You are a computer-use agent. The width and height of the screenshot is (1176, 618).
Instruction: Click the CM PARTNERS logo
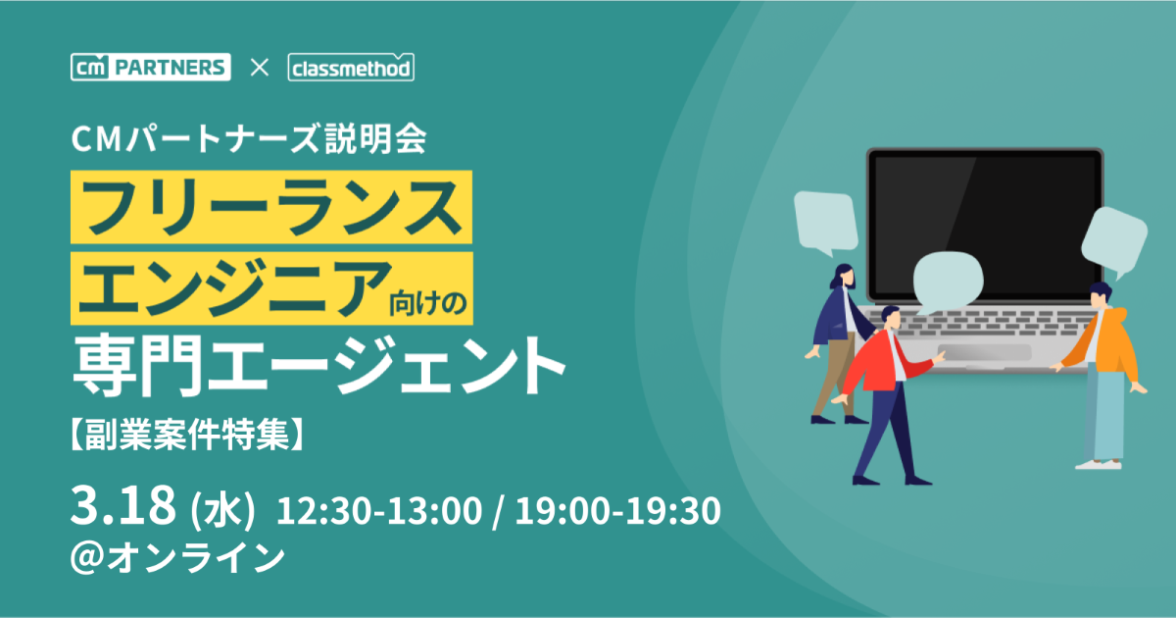pos(151,67)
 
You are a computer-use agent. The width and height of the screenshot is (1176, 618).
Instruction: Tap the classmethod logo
pos(351,67)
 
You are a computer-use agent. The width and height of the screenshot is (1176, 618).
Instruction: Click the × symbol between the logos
pos(260,68)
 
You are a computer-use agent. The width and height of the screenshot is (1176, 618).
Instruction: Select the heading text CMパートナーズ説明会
pos(249,138)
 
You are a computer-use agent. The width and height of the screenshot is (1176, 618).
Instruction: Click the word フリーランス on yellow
pos(270,207)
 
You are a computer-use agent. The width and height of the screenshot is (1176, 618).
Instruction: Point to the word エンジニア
pos(235,288)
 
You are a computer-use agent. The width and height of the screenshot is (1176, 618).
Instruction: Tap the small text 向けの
pos(428,303)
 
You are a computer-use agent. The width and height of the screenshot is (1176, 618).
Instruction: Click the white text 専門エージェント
pos(318,365)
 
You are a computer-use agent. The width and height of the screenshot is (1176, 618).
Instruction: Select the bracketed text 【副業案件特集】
pos(187,434)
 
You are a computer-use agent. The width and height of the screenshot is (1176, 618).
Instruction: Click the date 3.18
pos(122,505)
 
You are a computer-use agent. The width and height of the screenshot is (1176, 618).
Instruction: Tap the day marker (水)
pos(222,510)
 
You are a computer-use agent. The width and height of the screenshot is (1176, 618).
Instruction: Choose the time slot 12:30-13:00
pos(379,510)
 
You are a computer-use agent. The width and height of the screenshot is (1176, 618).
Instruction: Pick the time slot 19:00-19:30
pos(618,510)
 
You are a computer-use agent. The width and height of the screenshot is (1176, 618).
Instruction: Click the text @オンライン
pos(178,557)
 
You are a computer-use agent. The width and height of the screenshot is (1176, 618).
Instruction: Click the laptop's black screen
pos(985,225)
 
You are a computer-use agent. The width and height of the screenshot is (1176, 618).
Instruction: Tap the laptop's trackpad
pos(985,352)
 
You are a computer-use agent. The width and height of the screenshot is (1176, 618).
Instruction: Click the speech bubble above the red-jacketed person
pos(948,283)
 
